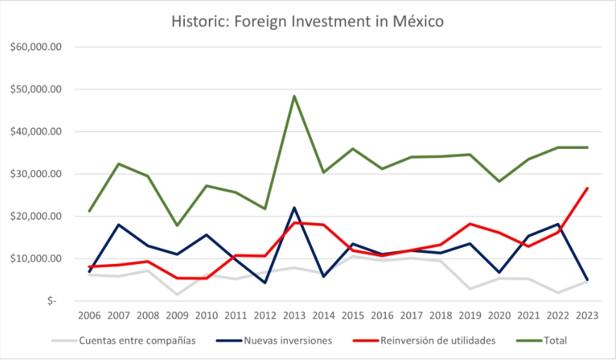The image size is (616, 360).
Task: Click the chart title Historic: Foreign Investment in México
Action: tap(308, 21)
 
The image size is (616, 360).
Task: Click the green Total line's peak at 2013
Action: tap(294, 96)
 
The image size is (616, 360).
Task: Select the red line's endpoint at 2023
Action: tap(587, 188)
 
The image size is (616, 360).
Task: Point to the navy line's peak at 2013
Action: tap(294, 208)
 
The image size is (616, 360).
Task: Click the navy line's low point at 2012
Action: tap(265, 282)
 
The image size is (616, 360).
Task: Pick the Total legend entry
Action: tap(555, 341)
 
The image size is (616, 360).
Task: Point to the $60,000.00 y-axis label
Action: tap(37, 47)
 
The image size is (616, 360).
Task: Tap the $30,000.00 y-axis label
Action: tap(37, 174)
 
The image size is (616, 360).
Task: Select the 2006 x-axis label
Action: tap(89, 316)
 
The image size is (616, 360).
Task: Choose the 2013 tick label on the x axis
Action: tap(294, 316)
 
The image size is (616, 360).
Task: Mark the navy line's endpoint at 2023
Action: tap(587, 280)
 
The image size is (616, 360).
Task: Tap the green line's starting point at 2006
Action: tap(89, 211)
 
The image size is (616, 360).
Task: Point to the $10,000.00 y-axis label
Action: tap(37, 258)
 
